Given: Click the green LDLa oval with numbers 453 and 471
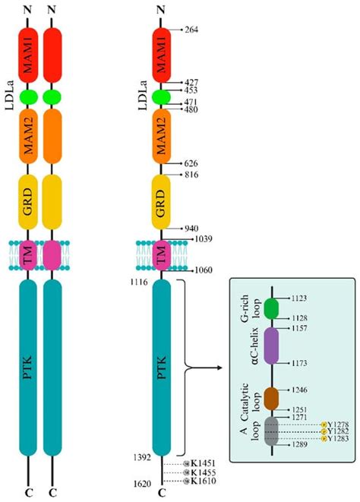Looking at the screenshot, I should click(x=162, y=96).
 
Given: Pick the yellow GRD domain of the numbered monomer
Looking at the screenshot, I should click(x=162, y=197).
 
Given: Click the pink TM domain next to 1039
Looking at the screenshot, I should click(x=162, y=254).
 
